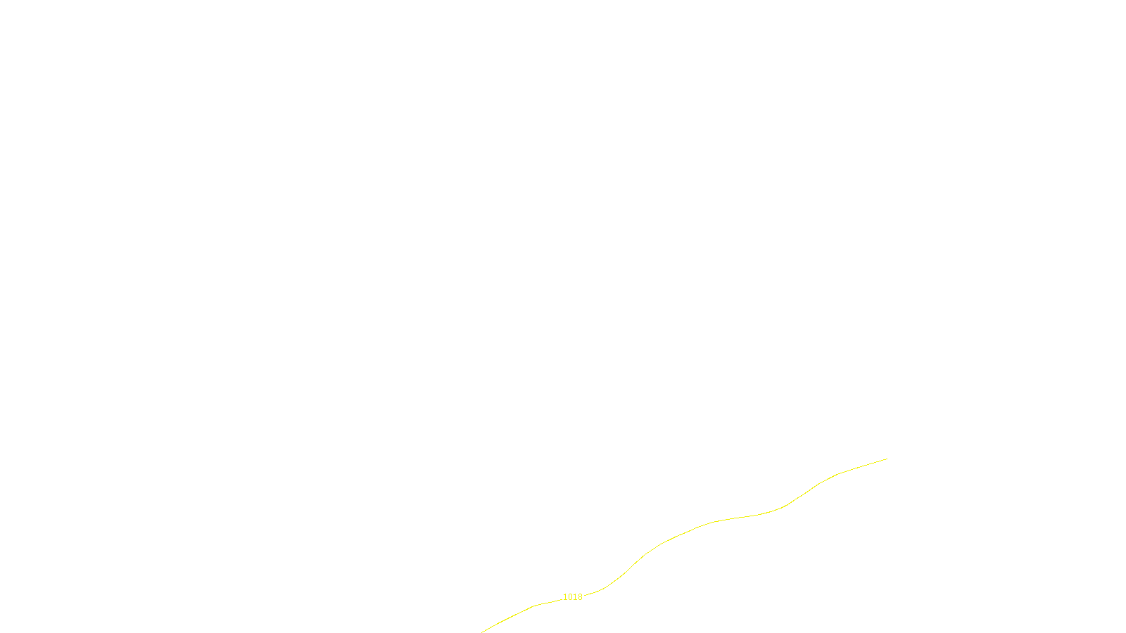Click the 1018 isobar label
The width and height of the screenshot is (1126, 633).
coord(573,597)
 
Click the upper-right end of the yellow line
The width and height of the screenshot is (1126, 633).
coord(887,459)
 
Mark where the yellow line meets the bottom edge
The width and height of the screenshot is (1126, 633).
coord(482,632)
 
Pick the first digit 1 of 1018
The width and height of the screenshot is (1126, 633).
coord(565,597)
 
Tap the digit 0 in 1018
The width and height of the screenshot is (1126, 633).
coord(570,597)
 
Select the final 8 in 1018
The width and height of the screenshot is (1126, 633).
coord(580,597)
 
